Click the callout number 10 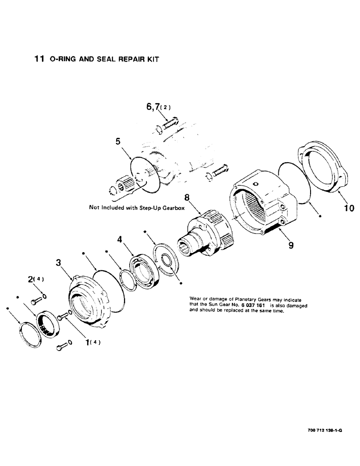349,208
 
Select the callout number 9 291,244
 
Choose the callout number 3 58,263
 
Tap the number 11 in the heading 40,59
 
